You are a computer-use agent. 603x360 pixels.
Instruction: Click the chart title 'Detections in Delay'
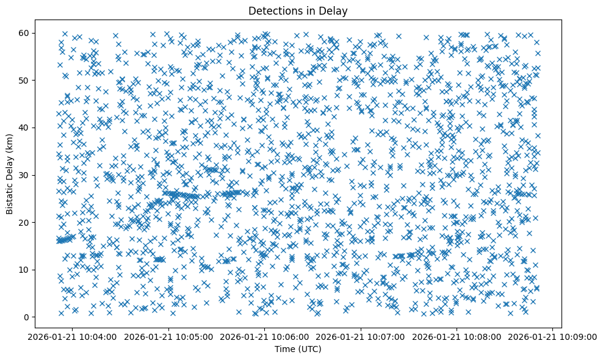point(298,10)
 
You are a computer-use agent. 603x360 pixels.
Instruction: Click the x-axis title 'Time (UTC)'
point(298,349)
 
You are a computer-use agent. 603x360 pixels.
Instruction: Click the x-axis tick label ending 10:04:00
point(73,336)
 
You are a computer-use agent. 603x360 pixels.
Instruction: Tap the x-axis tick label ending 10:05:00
point(169,336)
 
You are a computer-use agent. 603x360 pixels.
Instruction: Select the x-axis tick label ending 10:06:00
point(265,336)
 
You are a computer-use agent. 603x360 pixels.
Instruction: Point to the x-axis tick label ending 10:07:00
point(361,336)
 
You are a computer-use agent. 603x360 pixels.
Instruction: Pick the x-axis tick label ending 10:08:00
point(457,336)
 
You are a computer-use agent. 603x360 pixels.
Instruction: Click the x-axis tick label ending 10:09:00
point(553,336)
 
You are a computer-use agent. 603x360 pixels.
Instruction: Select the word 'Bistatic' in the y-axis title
point(10,196)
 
